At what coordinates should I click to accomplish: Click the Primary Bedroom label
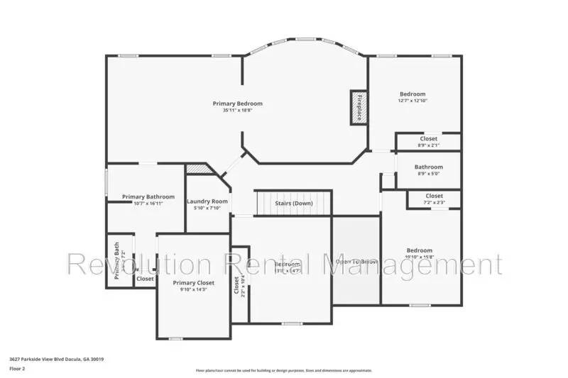click(233, 104)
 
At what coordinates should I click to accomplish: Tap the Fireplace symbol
click(356, 108)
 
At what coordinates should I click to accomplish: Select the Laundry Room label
click(207, 201)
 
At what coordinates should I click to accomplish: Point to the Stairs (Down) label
click(294, 204)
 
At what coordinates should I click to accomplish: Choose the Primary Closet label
click(192, 282)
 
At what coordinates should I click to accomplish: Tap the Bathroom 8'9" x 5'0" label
click(429, 167)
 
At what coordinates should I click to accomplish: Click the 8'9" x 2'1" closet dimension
click(428, 145)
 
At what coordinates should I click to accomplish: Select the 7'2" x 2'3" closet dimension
click(434, 203)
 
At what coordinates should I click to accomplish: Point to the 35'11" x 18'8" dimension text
click(233, 111)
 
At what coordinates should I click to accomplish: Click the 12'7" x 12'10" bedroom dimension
click(413, 101)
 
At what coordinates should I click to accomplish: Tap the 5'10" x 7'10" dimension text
click(207, 209)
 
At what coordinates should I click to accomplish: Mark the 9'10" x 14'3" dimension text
click(192, 289)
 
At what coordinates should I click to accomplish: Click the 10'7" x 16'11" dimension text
click(148, 204)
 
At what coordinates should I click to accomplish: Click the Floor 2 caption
click(18, 369)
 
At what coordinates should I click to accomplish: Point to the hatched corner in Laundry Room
click(198, 170)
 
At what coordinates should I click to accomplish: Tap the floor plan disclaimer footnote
click(283, 370)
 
